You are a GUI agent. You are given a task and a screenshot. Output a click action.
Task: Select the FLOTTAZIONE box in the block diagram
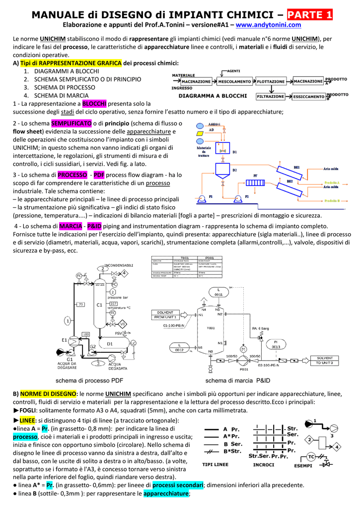271,81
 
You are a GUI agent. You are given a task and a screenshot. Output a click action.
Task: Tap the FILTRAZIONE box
271,96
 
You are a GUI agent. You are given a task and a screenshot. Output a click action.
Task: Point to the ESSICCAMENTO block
308,96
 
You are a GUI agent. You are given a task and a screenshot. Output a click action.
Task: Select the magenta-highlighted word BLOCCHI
94,104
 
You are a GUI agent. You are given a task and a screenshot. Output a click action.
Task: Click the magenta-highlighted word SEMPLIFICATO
71,123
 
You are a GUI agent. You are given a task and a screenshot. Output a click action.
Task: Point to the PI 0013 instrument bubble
276,344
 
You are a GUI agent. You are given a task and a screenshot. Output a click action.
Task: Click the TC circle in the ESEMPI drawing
311,456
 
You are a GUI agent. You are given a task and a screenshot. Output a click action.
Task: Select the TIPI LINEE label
215,465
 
